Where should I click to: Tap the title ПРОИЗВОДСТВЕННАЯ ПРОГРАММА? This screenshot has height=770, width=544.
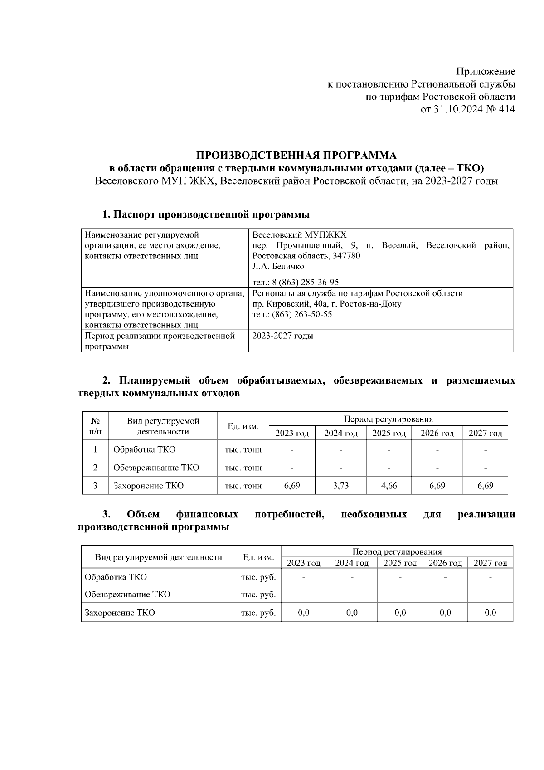pyautogui.click(x=296, y=156)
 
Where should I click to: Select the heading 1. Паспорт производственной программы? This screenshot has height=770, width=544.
pyautogui.click(x=206, y=214)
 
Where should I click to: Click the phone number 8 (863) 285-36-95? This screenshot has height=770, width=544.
pyautogui.click(x=305, y=282)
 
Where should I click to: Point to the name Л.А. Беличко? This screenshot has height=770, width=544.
pyautogui.click(x=278, y=267)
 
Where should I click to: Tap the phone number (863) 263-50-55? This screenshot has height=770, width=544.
pyautogui.click(x=301, y=314)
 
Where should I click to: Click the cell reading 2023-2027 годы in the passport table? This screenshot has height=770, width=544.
pyautogui.click(x=282, y=336)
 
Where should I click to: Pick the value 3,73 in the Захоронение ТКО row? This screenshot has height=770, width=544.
pyautogui.click(x=341, y=486)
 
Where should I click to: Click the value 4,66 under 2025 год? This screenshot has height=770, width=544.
pyautogui.click(x=389, y=486)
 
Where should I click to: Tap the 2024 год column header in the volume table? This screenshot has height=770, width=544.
pyautogui.click(x=341, y=434)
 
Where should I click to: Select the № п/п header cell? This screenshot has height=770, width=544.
pyautogui.click(x=95, y=426)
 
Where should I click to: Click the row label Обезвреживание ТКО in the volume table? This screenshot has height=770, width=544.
pyautogui.click(x=156, y=468)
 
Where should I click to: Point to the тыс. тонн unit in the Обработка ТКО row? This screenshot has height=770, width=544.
pyautogui.click(x=243, y=450)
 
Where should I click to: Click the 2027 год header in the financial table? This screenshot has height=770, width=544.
pyautogui.click(x=490, y=563)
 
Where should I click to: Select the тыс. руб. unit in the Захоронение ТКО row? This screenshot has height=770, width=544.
pyautogui.click(x=258, y=613)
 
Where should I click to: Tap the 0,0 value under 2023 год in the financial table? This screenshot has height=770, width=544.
pyautogui.click(x=303, y=613)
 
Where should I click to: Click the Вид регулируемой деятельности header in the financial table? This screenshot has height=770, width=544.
pyautogui.click(x=158, y=557)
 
